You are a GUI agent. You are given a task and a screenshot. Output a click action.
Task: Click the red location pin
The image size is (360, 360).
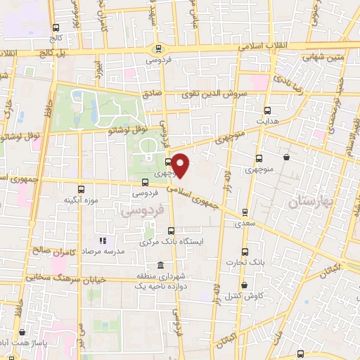click(x=181, y=165)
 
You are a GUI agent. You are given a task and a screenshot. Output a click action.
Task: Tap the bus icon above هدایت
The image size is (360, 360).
click(x=267, y=110)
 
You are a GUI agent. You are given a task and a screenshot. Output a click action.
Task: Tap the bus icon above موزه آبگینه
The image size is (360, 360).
click(x=82, y=189)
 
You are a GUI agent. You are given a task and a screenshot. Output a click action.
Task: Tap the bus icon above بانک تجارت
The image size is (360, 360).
click(x=245, y=252)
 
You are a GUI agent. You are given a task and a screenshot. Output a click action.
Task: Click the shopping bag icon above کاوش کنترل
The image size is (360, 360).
click(x=244, y=285)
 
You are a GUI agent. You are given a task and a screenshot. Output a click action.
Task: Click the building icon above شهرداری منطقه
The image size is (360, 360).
click(x=162, y=266)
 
